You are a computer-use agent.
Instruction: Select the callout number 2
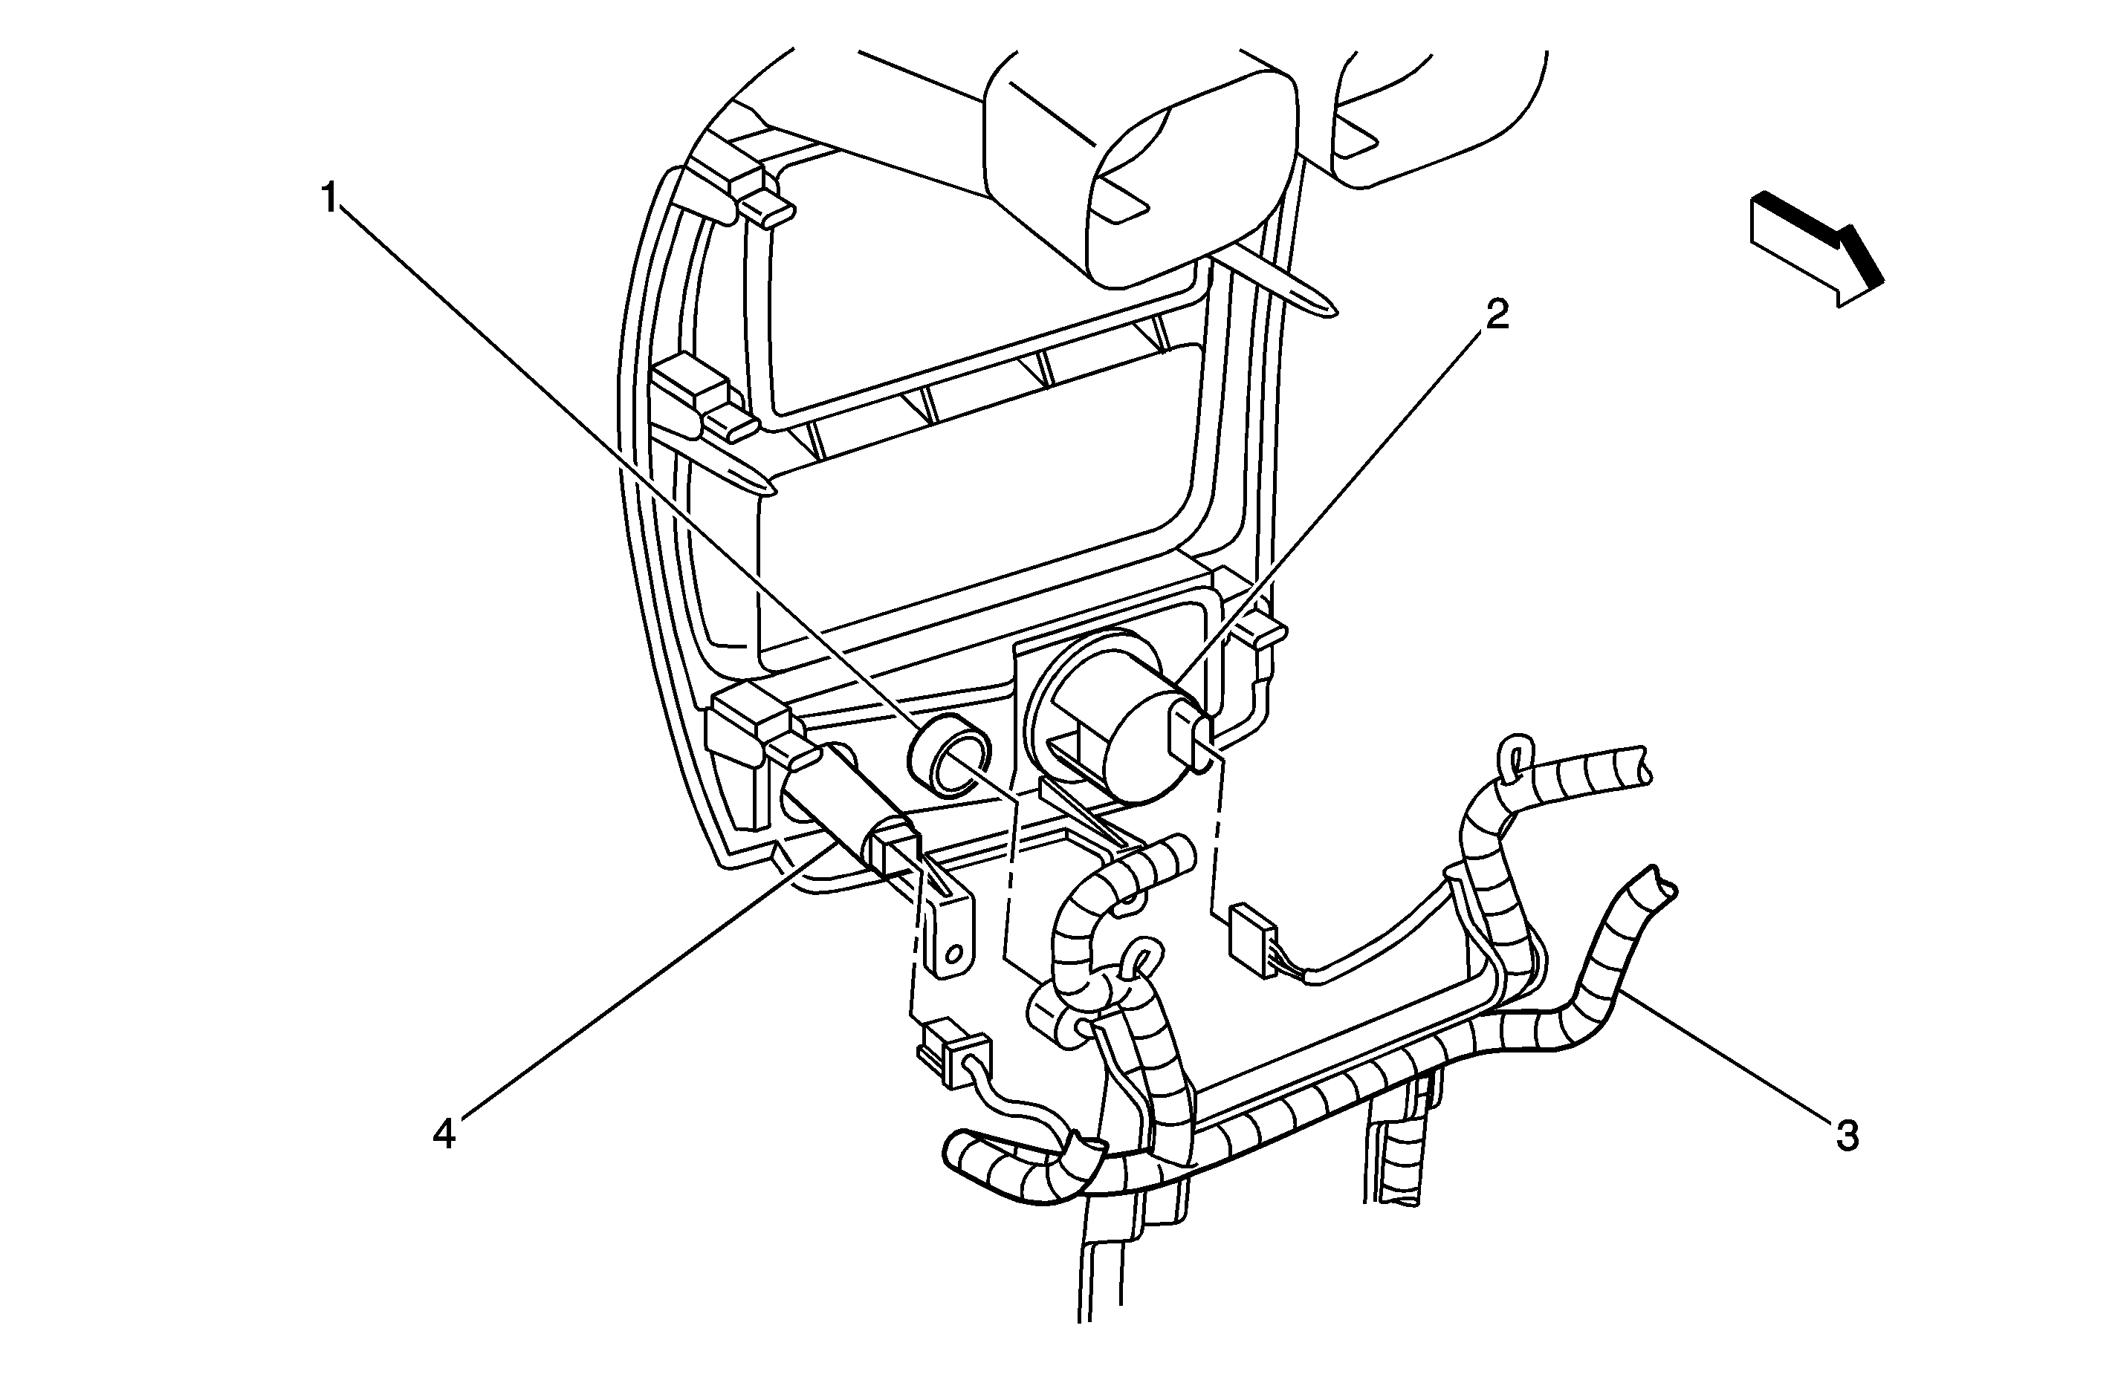click(x=1497, y=315)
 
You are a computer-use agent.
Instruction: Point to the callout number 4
click(x=444, y=1134)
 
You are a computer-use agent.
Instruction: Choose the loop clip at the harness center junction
click(x=1141, y=962)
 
